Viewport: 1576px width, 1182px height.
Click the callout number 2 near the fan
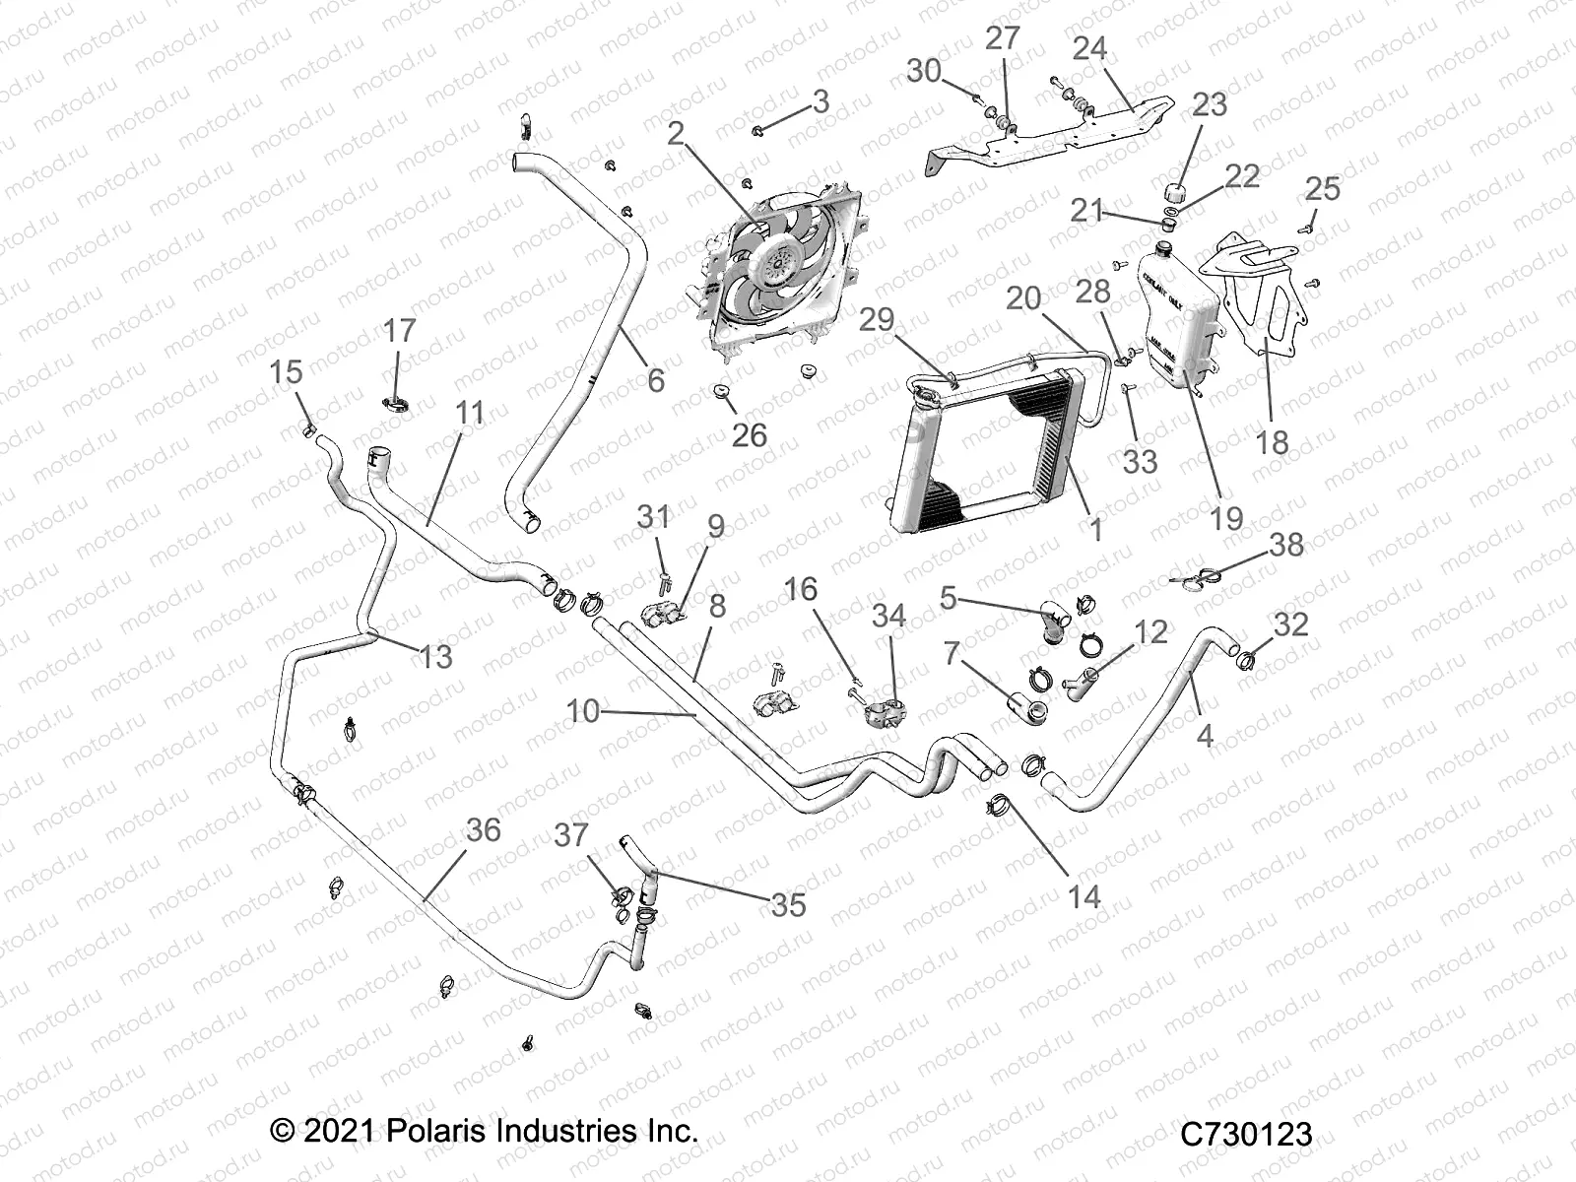[x=675, y=133]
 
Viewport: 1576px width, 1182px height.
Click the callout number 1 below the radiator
[x=1094, y=529]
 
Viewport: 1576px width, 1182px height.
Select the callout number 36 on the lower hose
[x=483, y=829]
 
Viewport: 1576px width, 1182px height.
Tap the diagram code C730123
[x=1247, y=1134]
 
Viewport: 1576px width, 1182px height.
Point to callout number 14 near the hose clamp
[x=1083, y=896]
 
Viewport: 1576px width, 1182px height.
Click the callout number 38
[x=1285, y=544]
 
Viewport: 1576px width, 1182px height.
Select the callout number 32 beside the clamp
[x=1291, y=624]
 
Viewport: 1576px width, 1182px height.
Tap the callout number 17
[x=400, y=330]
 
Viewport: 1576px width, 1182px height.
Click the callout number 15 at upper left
[x=286, y=372]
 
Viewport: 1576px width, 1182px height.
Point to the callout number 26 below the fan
[x=750, y=434]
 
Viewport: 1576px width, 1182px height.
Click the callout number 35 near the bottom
[x=788, y=903]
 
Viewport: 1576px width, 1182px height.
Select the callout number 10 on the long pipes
[x=583, y=709]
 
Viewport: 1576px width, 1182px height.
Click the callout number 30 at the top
[x=924, y=71]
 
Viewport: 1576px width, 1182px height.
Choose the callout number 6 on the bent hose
[x=655, y=379]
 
